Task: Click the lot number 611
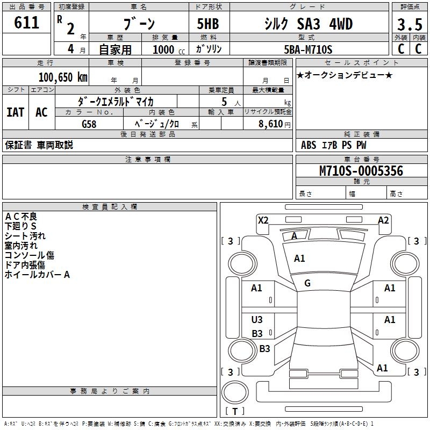coord(26,23)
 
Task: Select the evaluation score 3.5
coord(409,25)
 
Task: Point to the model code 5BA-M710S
coord(308,49)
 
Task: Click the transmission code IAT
coord(15,112)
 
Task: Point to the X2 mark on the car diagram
coord(263,220)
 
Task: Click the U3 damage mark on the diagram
coord(257,320)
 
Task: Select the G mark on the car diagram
coord(307,283)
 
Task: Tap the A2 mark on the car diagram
coord(383,220)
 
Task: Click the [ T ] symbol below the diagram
coord(234,412)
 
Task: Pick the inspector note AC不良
coord(21,216)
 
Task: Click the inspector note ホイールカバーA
coord(38,275)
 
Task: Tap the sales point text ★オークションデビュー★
coord(345,75)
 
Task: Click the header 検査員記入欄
coord(110,206)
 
